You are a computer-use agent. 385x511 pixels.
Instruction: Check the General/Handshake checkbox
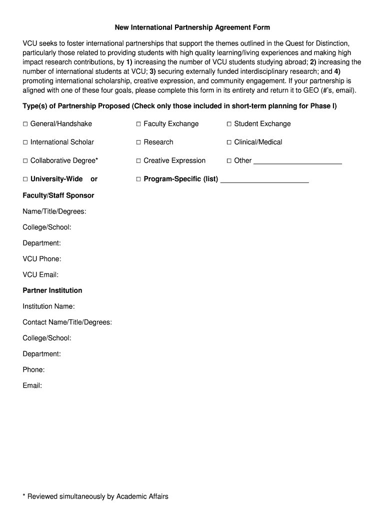[x=25, y=124]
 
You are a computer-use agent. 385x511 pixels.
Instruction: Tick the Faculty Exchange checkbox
[x=138, y=124]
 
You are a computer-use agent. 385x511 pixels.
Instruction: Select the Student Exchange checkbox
[x=229, y=124]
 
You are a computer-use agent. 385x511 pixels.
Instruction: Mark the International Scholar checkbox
[x=25, y=143]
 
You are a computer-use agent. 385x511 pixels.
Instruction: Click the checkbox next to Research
[x=138, y=143]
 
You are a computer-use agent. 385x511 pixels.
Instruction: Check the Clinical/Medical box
[x=229, y=143]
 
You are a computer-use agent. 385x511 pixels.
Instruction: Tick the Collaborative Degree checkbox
[x=25, y=161]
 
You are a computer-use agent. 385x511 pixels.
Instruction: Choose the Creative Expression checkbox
[x=138, y=161]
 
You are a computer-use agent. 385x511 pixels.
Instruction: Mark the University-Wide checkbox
[x=25, y=180]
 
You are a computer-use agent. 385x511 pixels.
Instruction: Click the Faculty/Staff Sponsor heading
[x=58, y=196]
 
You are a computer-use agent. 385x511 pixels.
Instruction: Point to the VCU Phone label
[x=42, y=259]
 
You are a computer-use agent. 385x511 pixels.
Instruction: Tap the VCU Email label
[x=40, y=275]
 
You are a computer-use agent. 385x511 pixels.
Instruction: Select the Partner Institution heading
[x=52, y=290]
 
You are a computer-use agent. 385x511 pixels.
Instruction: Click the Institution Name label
[x=48, y=306]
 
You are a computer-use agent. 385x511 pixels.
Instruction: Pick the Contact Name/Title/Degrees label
[x=67, y=322]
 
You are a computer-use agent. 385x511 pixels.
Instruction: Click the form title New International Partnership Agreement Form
[x=192, y=27]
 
